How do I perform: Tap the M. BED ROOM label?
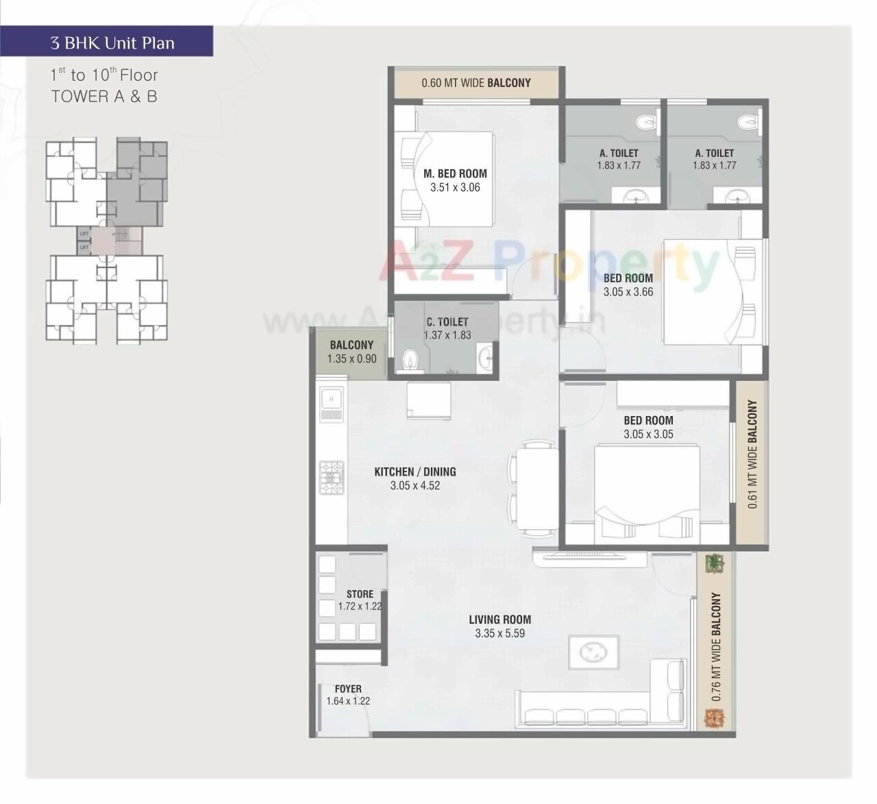tap(455, 173)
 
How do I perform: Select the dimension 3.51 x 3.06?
tap(455, 188)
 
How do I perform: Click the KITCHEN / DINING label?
tap(415, 472)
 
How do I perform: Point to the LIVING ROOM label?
tap(499, 619)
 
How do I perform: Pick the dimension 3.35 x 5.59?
tap(499, 633)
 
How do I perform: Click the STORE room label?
tap(360, 594)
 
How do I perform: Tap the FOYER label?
tap(348, 688)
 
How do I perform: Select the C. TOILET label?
tap(447, 321)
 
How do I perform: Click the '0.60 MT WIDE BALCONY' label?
tap(476, 83)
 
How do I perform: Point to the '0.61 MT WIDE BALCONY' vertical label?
tap(752, 454)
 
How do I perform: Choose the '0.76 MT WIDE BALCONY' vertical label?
tap(716, 646)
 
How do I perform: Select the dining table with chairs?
tap(536, 488)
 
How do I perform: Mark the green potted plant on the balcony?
tap(715, 563)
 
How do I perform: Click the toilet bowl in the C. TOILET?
tap(410, 360)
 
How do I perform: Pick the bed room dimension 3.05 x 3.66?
tap(628, 292)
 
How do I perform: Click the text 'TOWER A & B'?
tap(104, 97)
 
